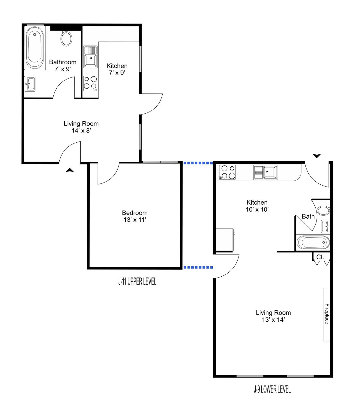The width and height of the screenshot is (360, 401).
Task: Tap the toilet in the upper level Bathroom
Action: (66, 38)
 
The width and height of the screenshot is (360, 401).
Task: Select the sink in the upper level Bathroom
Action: (30, 84)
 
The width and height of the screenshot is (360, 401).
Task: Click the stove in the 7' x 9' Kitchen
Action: (90, 83)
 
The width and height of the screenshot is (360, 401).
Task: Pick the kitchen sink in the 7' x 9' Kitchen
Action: (90, 57)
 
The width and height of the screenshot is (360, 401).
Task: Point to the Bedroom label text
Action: (135, 213)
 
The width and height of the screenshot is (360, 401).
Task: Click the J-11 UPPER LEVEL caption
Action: (137, 281)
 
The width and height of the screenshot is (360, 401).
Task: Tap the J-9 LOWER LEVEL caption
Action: (272, 389)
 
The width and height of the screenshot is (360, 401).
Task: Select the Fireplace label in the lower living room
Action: (327, 314)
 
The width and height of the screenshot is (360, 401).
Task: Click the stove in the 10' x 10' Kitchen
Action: (227, 172)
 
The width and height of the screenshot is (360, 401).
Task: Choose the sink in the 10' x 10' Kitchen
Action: (266, 172)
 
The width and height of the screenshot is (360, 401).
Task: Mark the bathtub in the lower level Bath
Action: (313, 242)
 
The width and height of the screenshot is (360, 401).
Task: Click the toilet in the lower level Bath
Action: (323, 210)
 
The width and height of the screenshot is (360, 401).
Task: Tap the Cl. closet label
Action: (320, 257)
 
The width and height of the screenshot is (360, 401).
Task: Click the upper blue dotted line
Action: (198, 163)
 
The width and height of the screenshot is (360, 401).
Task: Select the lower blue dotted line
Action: (198, 267)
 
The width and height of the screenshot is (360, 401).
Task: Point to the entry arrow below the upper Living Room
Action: (70, 170)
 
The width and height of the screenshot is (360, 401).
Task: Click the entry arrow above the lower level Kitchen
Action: (317, 156)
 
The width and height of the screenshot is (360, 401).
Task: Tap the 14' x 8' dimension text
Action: (81, 131)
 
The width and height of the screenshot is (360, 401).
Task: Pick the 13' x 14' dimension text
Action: (273, 320)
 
